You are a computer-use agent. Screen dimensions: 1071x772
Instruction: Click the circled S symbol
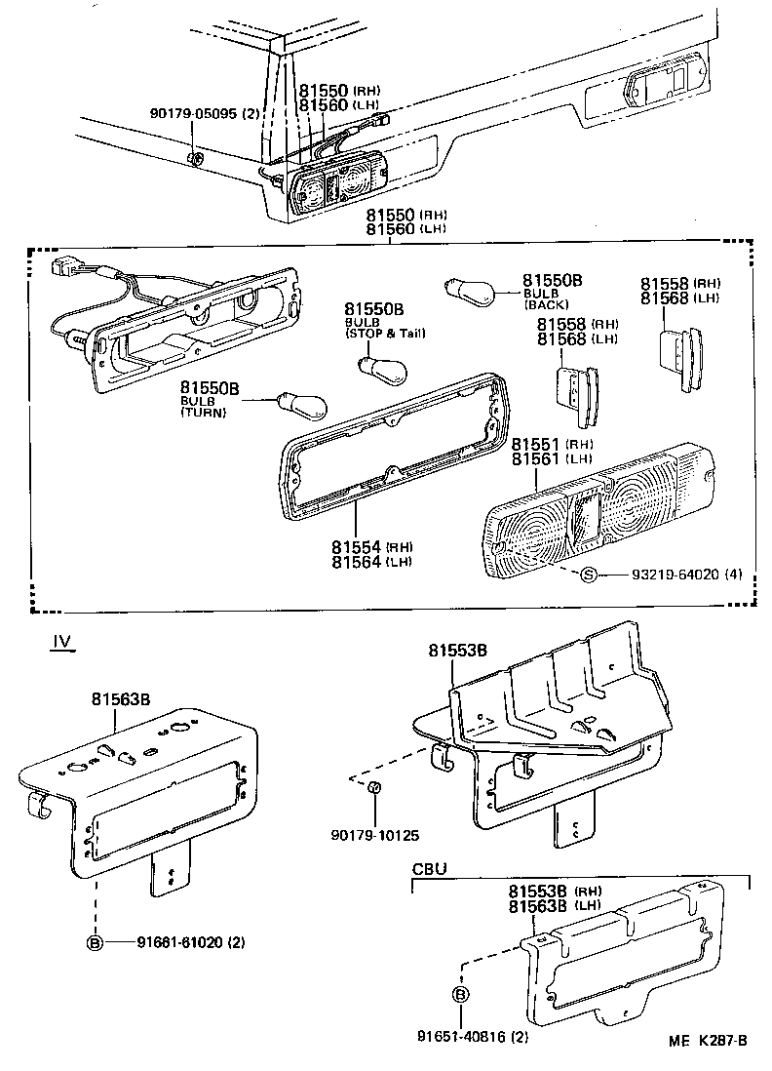click(588, 574)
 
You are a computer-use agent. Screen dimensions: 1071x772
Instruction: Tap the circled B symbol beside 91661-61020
click(95, 942)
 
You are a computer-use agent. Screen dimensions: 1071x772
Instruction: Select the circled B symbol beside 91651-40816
click(460, 995)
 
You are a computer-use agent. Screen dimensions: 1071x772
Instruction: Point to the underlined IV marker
click(62, 643)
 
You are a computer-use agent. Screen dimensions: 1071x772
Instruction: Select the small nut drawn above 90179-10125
click(373, 787)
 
